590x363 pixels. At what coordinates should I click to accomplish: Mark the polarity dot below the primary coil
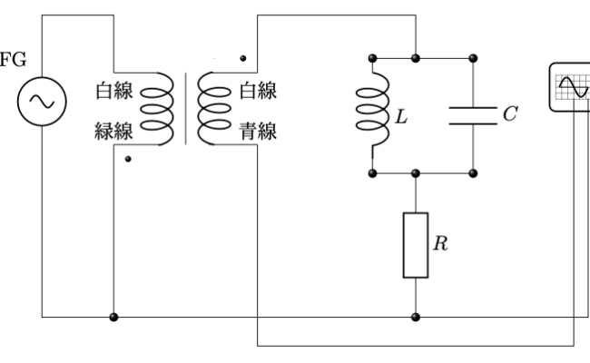[129, 159]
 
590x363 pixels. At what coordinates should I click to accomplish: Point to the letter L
[400, 117]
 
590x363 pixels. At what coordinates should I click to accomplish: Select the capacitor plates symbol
[472, 114]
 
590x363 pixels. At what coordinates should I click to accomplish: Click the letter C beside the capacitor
[511, 114]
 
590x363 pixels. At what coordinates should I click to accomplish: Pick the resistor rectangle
[415, 245]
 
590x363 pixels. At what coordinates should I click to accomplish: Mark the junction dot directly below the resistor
[415, 318]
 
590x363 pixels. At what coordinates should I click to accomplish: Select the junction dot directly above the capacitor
[472, 59]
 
